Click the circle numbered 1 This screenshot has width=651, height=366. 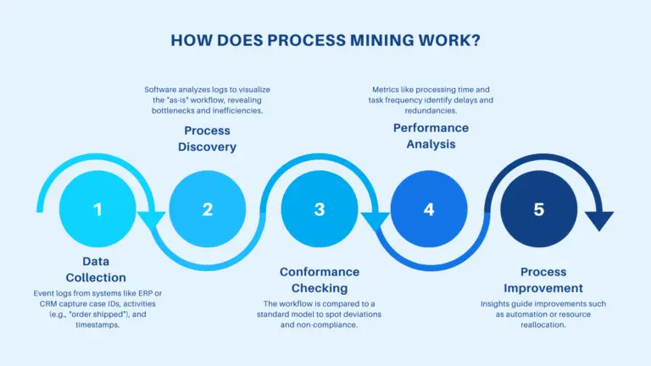point(97,208)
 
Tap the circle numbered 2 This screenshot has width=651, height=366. point(207,208)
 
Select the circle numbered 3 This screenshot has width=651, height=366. point(320,208)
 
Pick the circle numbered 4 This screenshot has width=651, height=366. point(429,208)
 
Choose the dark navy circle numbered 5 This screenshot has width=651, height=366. point(538,208)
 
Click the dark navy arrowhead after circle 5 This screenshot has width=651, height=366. point(599,220)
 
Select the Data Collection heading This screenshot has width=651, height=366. point(96,269)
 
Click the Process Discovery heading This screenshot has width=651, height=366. point(207,139)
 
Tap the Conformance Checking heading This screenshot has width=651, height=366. point(320,280)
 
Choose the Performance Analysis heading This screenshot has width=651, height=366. point(431,136)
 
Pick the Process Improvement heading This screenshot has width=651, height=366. point(543,280)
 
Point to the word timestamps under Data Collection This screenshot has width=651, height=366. point(97,325)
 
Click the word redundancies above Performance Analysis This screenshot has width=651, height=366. point(431,111)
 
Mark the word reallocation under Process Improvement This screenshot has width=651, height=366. point(543,325)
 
